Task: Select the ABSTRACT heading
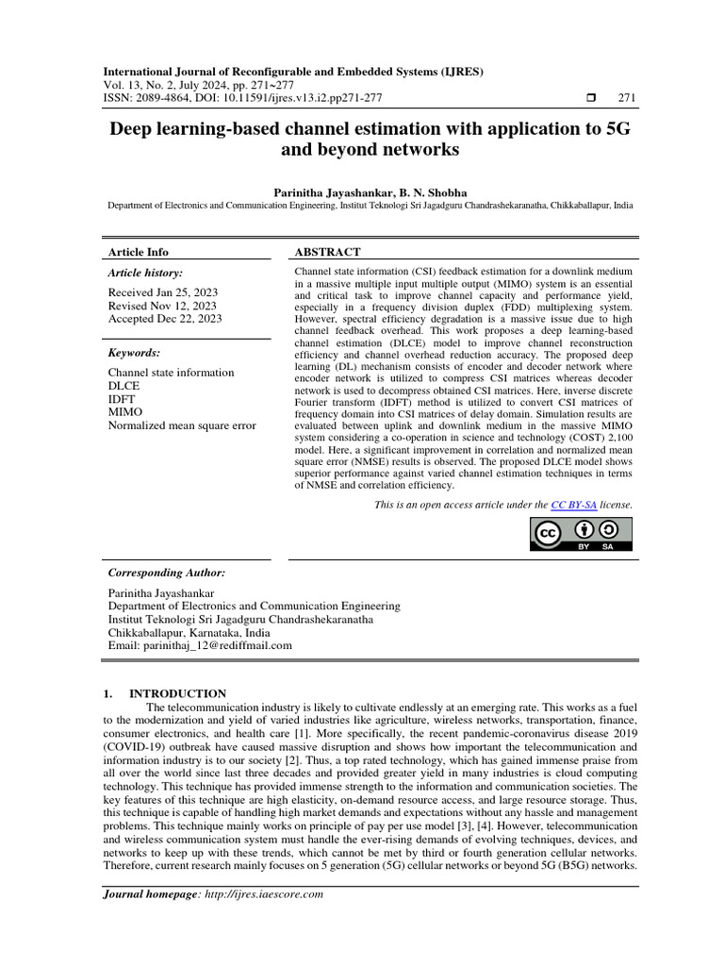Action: point(328,252)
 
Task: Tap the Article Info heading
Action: point(139,252)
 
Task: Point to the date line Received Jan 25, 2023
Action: point(162,292)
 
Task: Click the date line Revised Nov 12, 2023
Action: point(162,306)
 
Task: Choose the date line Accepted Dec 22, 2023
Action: point(165,319)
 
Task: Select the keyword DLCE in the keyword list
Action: point(124,386)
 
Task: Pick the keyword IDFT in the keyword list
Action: point(123,399)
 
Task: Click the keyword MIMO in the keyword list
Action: point(125,412)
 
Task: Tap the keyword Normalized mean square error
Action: point(182,425)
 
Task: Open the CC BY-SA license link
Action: point(574,506)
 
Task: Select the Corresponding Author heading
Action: point(166,573)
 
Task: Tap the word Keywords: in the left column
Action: point(134,353)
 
